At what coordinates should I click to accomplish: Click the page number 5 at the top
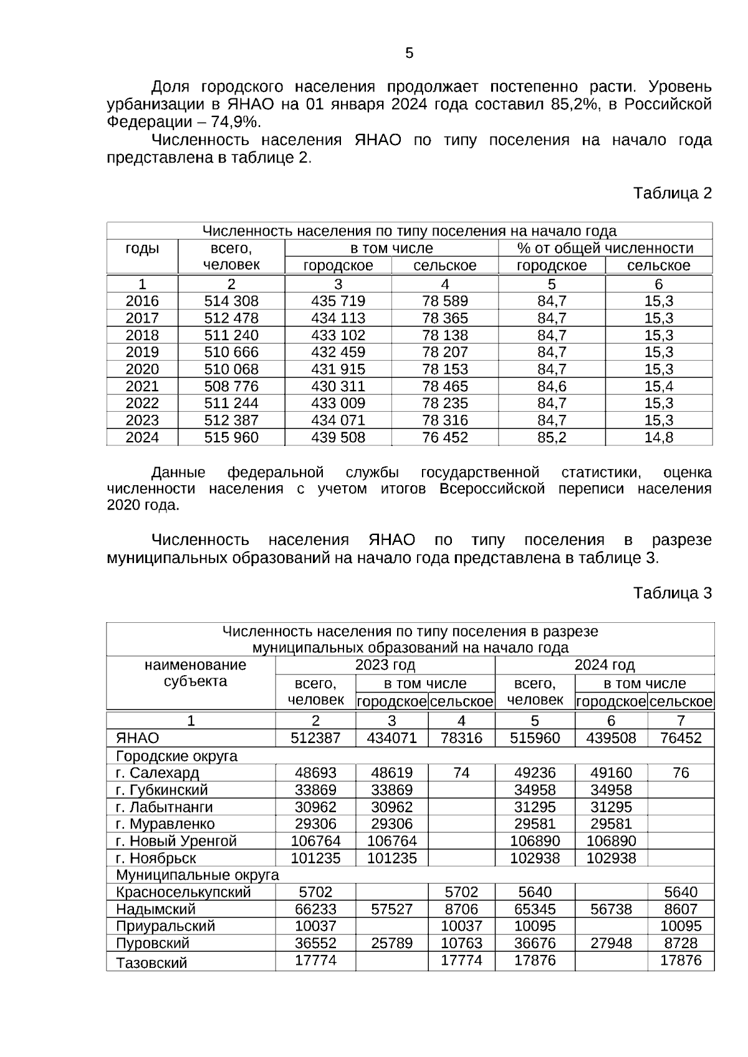tap(409, 53)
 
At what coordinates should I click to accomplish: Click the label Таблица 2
tap(672, 193)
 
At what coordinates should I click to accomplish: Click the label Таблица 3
tap(672, 592)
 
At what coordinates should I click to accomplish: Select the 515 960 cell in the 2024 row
tap(231, 437)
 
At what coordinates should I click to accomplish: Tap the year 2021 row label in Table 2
tap(142, 386)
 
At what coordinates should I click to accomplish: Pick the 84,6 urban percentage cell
tap(552, 386)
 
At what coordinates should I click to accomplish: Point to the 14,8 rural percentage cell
tap(658, 437)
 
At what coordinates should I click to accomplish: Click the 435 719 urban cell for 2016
tap(338, 301)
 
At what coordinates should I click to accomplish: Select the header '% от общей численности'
tap(605, 249)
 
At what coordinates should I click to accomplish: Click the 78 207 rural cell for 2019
tap(444, 352)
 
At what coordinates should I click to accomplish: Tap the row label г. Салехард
tap(158, 773)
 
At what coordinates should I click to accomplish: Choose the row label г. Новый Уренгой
tap(176, 841)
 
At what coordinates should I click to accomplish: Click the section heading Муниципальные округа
tap(197, 875)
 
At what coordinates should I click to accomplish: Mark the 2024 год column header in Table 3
tap(604, 665)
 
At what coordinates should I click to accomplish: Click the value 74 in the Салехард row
tap(461, 773)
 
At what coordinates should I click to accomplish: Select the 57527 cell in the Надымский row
tap(391, 909)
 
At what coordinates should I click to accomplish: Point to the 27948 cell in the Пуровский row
tap(611, 943)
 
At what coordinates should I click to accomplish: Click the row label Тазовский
tap(151, 963)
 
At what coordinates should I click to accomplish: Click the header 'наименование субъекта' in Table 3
tap(195, 673)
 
